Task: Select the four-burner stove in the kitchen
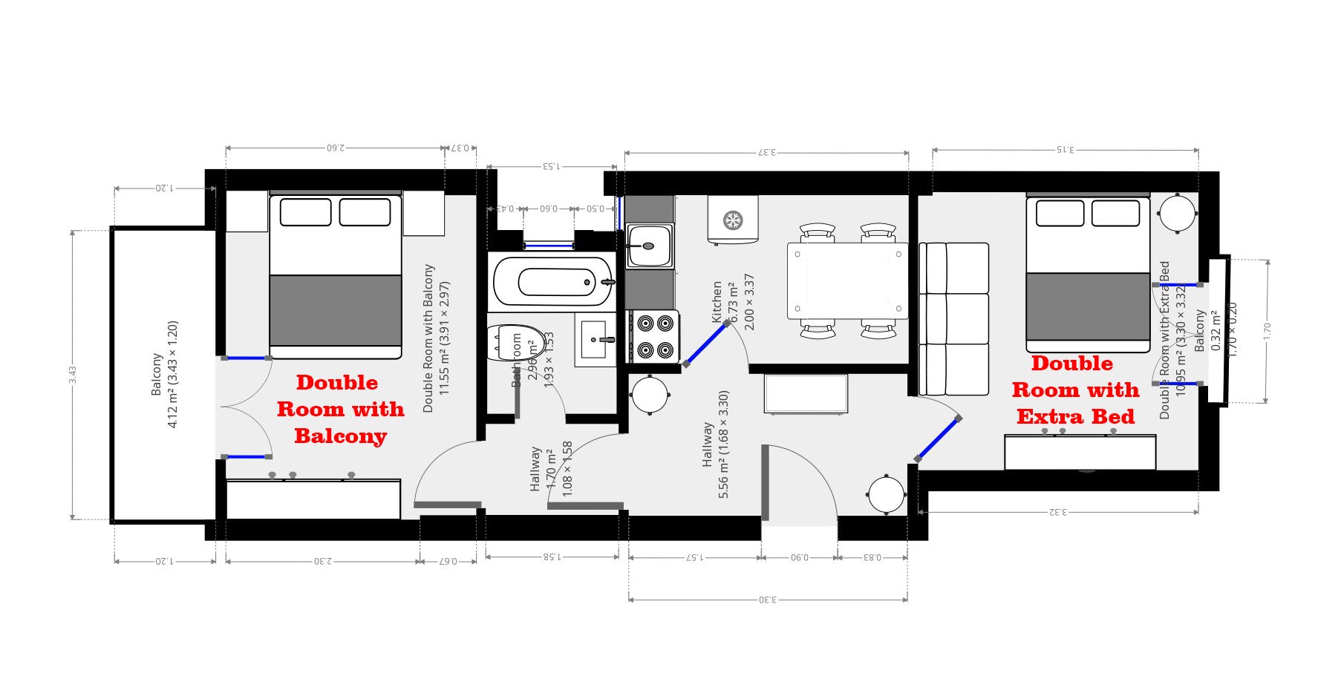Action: (655, 336)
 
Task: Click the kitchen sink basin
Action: (649, 246)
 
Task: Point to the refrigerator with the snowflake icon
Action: (733, 220)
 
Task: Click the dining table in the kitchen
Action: (847, 280)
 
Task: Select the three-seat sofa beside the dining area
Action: (954, 318)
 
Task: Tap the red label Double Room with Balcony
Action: (340, 409)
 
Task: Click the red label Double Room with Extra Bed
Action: (1074, 390)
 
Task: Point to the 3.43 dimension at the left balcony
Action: (73, 375)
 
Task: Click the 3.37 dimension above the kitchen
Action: (766, 152)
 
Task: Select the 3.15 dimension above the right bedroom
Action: (1065, 149)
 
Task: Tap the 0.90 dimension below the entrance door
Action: (800, 557)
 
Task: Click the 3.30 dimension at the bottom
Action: (767, 599)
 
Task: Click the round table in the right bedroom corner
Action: (1177, 214)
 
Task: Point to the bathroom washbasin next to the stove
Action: (596, 339)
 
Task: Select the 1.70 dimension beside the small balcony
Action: (1268, 331)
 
